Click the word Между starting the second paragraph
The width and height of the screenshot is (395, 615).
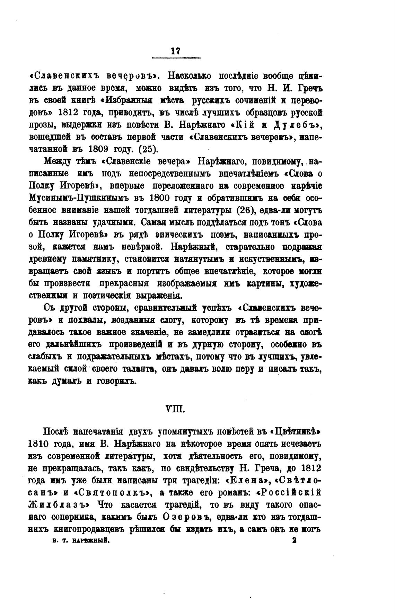click(57, 161)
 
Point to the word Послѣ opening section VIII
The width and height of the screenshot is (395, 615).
click(57, 432)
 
